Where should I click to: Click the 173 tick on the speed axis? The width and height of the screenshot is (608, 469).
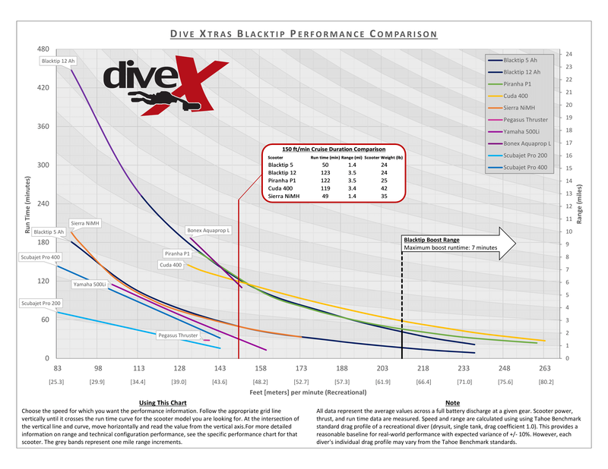point(302,367)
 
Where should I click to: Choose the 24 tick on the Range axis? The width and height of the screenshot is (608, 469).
point(568,54)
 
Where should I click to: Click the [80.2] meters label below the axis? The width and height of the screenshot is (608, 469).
point(546,382)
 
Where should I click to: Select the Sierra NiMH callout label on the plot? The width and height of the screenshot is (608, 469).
point(86,223)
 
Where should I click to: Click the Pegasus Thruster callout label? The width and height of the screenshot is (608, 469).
point(179,335)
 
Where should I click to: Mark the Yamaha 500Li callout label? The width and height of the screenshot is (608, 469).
point(89,285)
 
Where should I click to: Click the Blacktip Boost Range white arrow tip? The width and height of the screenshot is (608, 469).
point(515,243)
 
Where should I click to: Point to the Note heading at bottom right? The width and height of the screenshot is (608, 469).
point(453,402)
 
